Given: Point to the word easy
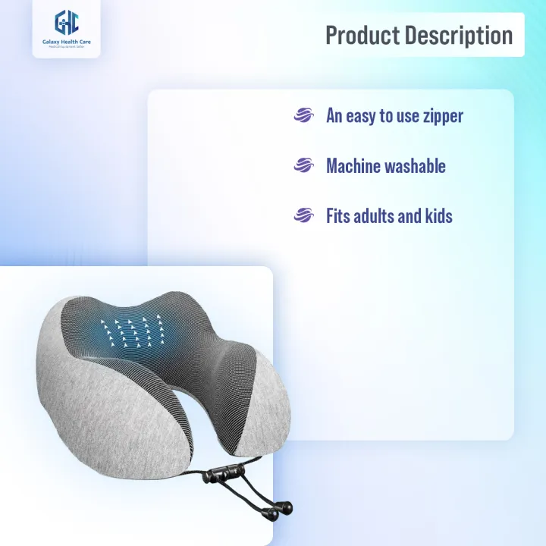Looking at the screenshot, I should (x=363, y=116).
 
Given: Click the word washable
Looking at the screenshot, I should (x=418, y=166).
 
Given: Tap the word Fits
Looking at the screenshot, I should (x=338, y=216).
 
